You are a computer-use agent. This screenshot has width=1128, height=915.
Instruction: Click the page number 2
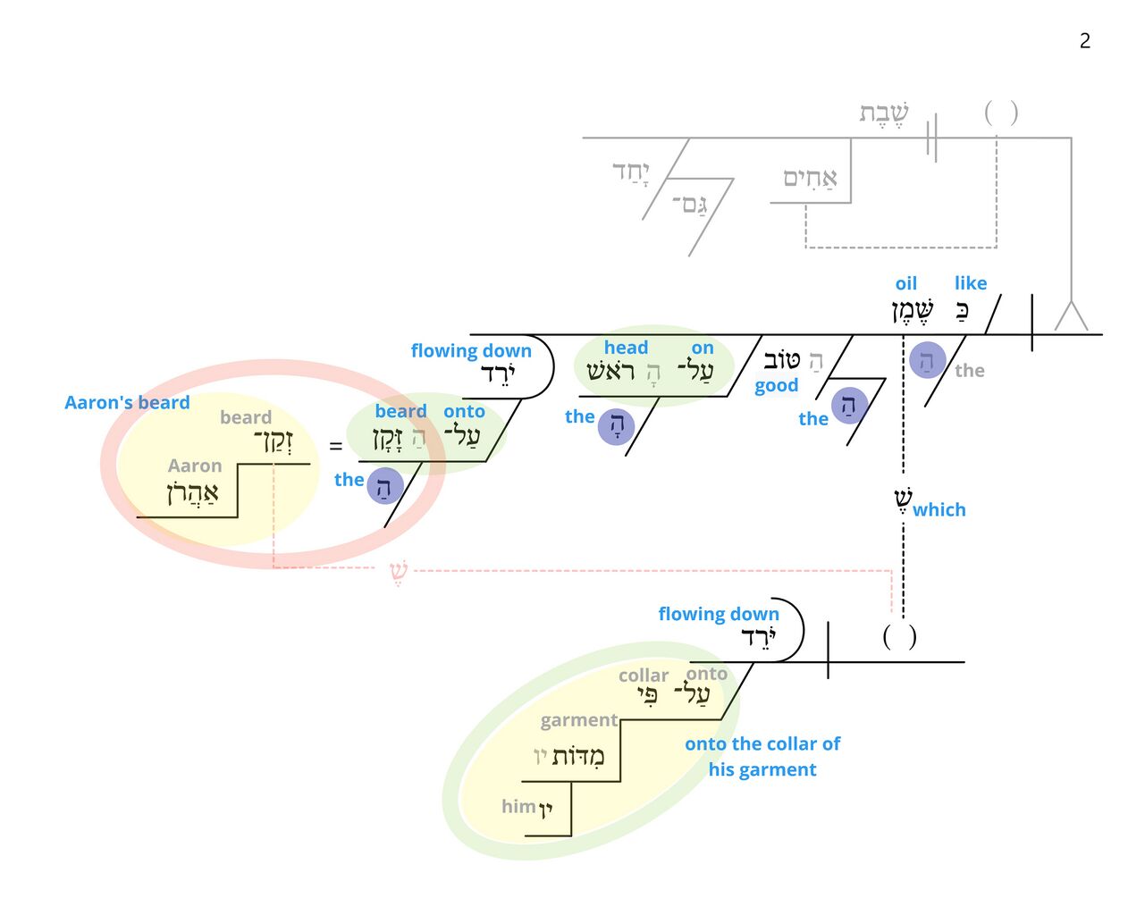[x=1084, y=40]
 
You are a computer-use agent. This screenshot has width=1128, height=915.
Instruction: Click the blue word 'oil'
[x=905, y=283]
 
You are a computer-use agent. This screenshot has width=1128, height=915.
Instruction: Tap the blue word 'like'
[x=970, y=283]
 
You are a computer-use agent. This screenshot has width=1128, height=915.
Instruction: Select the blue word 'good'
[x=776, y=386]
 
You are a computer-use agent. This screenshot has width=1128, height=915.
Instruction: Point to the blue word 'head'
[x=626, y=348]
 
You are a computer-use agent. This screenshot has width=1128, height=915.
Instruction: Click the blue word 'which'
[x=939, y=509]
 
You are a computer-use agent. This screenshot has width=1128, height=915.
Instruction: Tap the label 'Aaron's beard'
[x=127, y=403]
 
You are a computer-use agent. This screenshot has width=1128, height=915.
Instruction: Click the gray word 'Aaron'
[x=195, y=466]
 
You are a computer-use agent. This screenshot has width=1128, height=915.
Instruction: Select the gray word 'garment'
[x=578, y=720]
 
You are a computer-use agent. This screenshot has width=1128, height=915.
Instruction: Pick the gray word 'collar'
[x=644, y=676]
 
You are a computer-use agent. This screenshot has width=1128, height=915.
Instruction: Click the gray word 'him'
[x=518, y=806]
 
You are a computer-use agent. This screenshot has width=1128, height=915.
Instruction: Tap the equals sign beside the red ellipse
[x=335, y=446]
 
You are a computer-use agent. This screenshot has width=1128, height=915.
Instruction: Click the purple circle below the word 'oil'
[x=927, y=360]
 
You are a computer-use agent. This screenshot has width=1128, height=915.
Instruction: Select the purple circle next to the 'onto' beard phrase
[x=384, y=486]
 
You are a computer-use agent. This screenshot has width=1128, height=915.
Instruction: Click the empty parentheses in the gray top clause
[x=1000, y=113]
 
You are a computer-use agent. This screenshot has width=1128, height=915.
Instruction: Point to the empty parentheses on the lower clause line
[x=899, y=636]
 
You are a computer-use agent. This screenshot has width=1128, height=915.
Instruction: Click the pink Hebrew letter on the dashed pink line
[x=399, y=571]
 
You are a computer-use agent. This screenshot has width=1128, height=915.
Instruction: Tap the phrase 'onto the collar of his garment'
[x=762, y=757]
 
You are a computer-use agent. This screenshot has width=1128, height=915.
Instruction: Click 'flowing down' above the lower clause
[x=719, y=614]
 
